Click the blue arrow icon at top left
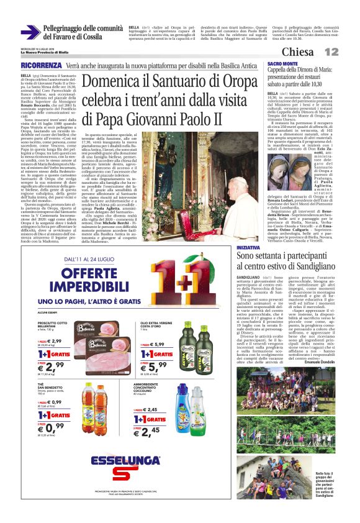coord(30,32)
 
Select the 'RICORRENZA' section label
coord(40,65)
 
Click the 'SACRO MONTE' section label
coord(281,64)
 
